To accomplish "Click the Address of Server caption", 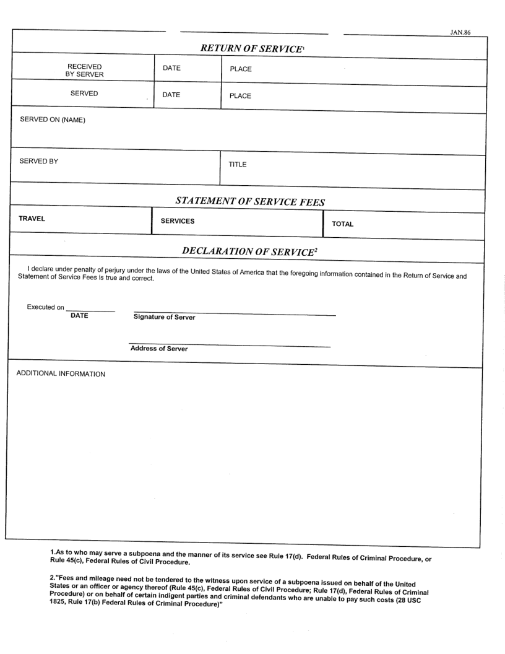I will click(159, 349).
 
